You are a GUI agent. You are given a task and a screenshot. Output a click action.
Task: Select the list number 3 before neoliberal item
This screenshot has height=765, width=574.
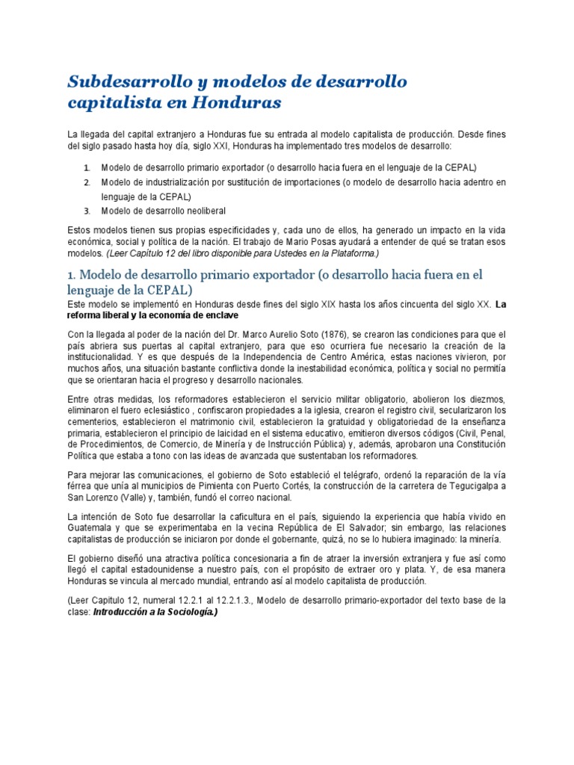(87, 211)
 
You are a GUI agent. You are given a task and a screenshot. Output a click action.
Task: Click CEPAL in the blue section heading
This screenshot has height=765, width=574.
(170, 289)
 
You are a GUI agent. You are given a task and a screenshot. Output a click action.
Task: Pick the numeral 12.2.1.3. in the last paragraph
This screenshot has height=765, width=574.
(247, 600)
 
